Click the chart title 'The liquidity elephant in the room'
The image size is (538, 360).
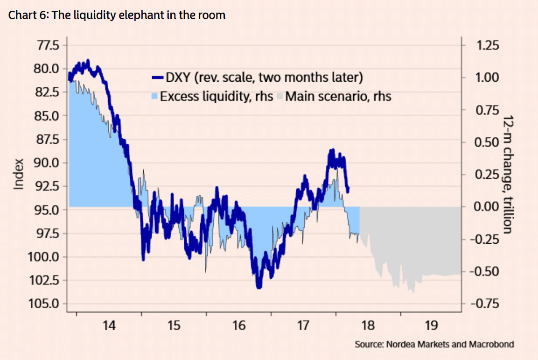[x=117, y=15]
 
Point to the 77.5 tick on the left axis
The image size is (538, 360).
[x=45, y=45]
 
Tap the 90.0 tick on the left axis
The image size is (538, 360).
[x=45, y=163]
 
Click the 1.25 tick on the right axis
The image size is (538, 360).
[x=488, y=45]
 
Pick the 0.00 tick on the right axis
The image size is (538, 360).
[x=488, y=206]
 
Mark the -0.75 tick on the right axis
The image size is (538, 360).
[x=485, y=304]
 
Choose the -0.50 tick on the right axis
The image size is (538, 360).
[x=485, y=271]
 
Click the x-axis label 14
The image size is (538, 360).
[x=109, y=325]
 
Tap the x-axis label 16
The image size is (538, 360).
[x=238, y=325]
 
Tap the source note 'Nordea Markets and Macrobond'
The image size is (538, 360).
[x=434, y=345]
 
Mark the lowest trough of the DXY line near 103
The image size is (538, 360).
[x=259, y=287]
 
